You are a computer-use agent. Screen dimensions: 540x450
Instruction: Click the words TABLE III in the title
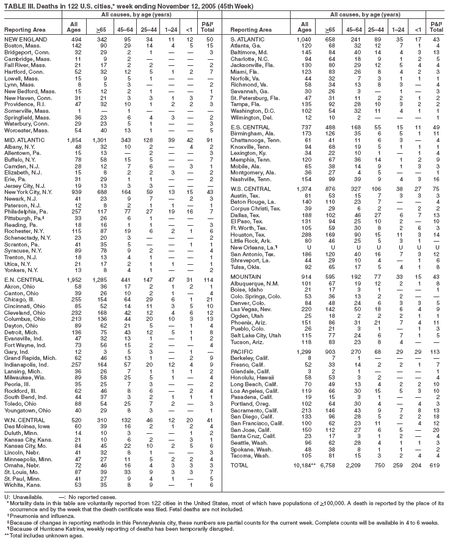click(x=16, y=5)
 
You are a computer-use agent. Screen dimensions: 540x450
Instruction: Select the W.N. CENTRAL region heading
click(x=23, y=420)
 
